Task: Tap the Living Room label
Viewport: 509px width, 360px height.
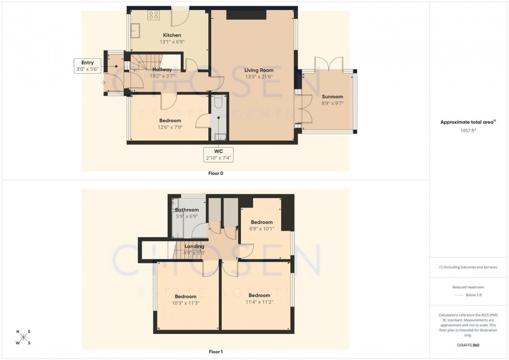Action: point(259,70)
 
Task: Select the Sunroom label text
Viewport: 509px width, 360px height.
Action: point(332,97)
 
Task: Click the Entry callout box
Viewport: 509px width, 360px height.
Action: point(87,65)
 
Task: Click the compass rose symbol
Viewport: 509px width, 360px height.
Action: point(23,337)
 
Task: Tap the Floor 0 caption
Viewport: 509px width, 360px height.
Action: point(215,173)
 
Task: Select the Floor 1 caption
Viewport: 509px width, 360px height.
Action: point(215,352)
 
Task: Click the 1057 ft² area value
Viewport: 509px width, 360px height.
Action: point(468,130)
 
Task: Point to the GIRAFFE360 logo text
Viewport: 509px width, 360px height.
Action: point(468,345)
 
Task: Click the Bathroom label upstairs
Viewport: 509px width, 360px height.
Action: point(186,210)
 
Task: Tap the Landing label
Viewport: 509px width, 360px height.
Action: point(194,246)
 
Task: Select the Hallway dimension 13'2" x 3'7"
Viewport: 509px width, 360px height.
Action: point(162,76)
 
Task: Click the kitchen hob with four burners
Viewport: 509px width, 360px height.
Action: point(153,15)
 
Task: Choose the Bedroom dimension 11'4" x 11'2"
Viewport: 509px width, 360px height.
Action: point(259,302)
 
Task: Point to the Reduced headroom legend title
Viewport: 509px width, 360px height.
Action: point(468,287)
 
